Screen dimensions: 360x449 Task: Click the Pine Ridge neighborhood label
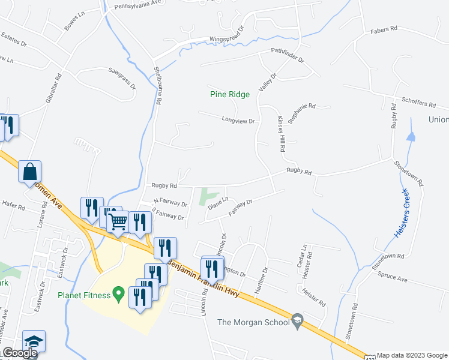pyautogui.click(x=230, y=94)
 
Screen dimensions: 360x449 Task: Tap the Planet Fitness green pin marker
pyautogui.click(x=119, y=295)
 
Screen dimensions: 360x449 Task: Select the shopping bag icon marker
pyautogui.click(x=29, y=173)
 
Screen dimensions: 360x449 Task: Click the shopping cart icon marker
pyautogui.click(x=118, y=221)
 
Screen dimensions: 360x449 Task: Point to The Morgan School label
pyautogui.click(x=252, y=322)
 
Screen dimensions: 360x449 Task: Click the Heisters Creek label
pyautogui.click(x=402, y=212)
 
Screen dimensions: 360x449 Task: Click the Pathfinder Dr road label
pyautogui.click(x=288, y=55)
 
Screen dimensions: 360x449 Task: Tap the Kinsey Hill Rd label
pyautogui.click(x=280, y=133)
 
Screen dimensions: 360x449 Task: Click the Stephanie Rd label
pyautogui.click(x=301, y=112)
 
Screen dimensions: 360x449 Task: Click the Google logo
pyautogui.click(x=20, y=353)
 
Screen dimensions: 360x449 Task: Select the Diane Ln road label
pyautogui.click(x=218, y=203)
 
